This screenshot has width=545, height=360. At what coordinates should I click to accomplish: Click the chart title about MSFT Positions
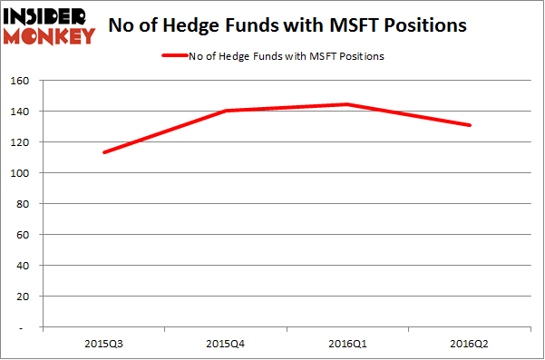287,24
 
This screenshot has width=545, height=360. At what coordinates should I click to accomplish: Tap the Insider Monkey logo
49,24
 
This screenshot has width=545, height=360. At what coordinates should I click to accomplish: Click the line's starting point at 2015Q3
104,152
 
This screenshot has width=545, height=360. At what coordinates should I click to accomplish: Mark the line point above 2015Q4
226,111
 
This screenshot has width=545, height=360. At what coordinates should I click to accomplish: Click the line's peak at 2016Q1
347,104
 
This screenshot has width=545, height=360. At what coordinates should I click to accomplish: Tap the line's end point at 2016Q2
470,125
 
